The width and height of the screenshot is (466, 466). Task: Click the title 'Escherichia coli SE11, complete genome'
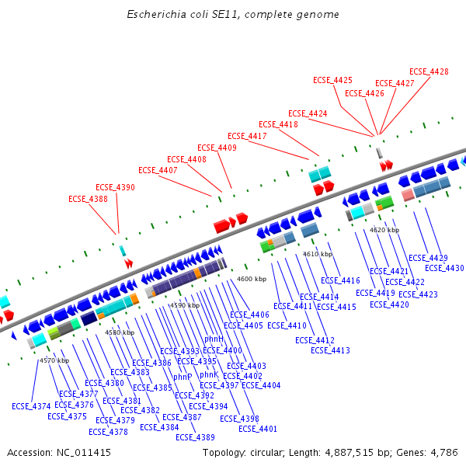[233, 15]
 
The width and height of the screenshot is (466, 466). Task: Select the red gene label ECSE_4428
[429, 71]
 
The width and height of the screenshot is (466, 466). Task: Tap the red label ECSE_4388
[88, 199]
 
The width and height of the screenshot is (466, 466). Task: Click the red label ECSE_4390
[115, 187]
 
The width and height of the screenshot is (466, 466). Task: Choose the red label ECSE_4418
[278, 124]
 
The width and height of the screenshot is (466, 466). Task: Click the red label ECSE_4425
[332, 80]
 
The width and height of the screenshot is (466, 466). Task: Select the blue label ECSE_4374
[31, 406]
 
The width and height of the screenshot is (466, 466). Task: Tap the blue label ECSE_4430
[444, 268]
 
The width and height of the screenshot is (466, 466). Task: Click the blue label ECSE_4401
[258, 429]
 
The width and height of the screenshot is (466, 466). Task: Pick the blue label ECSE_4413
[330, 350]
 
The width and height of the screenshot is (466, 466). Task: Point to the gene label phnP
[183, 377]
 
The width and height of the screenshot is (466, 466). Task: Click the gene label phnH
[214, 339]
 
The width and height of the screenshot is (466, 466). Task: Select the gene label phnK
[209, 374]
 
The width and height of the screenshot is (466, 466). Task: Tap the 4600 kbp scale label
[252, 279]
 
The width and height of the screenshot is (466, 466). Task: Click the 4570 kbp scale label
[54, 360]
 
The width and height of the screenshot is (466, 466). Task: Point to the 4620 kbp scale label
[384, 230]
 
